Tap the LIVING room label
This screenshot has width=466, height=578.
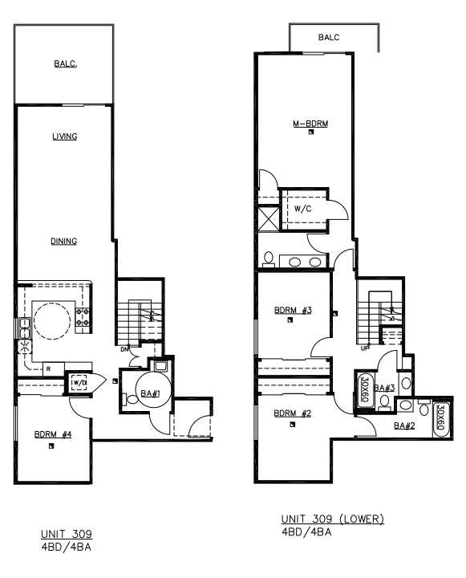[x=64, y=136]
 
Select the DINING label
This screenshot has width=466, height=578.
[x=64, y=241]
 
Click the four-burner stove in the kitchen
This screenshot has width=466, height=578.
[x=82, y=315]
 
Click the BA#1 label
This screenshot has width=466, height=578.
[x=148, y=394]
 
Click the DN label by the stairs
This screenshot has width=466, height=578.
[x=124, y=350]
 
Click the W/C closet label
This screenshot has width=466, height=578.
[x=303, y=209]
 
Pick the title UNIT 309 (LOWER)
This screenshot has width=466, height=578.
[x=332, y=519]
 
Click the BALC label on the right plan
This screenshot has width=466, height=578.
[x=329, y=37]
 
